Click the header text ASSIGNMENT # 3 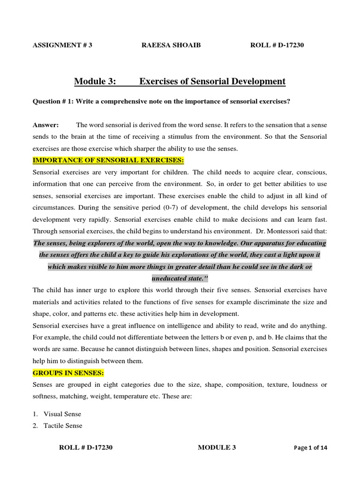click(x=62, y=45)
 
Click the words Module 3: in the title click(x=95, y=82)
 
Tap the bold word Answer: click(x=45, y=125)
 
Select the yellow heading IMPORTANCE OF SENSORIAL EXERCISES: click(x=108, y=160)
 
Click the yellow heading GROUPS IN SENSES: click(x=68, y=373)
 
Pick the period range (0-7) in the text click(x=187, y=207)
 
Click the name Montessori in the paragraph click(x=279, y=231)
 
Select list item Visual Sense click(x=62, y=414)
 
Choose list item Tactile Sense click(x=63, y=426)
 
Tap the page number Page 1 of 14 click(x=311, y=448)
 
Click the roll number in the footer click(x=85, y=448)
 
